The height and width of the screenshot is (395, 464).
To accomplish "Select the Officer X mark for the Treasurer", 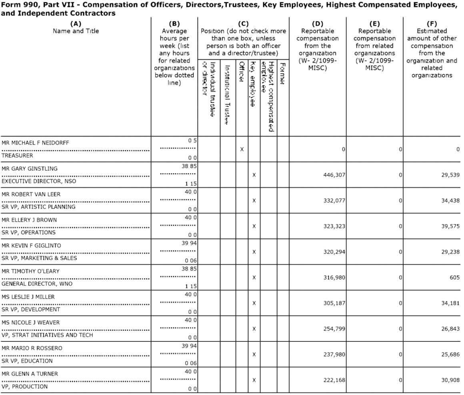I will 242,149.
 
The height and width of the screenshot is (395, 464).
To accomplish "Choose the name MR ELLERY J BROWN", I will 29,220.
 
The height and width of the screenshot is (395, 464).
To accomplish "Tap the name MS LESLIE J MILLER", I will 28,297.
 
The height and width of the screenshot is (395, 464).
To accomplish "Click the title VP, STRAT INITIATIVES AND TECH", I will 47,335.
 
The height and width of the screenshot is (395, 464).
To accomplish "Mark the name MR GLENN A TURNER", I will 30,373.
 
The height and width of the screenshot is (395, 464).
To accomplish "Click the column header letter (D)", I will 317,24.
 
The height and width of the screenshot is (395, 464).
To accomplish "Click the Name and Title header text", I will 76,31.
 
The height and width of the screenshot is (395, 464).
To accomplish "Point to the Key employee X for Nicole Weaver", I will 254,329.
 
